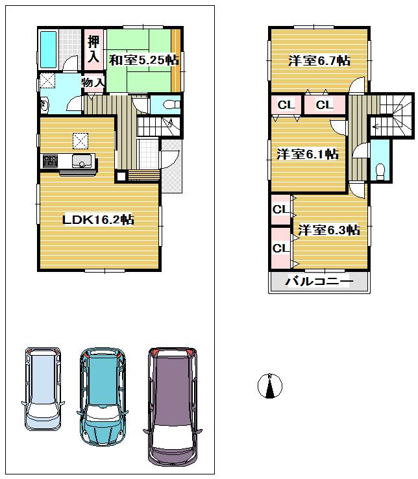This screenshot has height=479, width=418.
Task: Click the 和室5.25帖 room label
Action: tap(143, 60)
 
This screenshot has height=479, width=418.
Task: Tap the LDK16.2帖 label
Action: tap(98, 219)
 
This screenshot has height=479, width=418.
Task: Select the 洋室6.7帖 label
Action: tap(319, 60)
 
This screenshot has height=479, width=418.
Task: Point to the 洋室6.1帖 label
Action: tap(307, 154)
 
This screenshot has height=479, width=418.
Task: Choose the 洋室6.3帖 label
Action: tap(328, 230)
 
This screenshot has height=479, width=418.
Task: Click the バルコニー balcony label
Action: tap(319, 282)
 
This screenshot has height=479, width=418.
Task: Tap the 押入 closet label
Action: tap(93, 49)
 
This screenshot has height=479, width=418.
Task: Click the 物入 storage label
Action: tap(93, 82)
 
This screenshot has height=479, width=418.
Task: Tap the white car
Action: tap(43, 388)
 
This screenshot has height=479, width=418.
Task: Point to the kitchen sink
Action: tap(83, 162)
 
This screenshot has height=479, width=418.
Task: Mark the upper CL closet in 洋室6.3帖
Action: tap(280, 209)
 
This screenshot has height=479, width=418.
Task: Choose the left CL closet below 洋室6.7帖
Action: tap(286, 104)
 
